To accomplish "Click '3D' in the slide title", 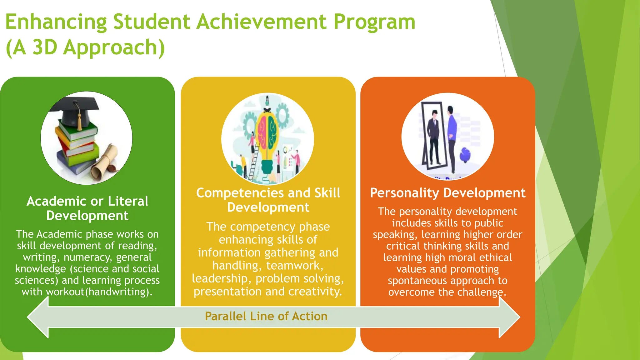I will [x=45, y=47].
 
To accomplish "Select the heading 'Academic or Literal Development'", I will [x=87, y=208].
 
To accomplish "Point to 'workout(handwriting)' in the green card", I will [x=99, y=292].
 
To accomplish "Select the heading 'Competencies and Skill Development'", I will [x=268, y=200].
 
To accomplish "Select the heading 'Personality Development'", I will [x=447, y=193].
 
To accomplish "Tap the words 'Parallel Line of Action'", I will [x=266, y=316].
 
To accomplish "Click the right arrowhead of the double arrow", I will [x=509, y=317].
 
